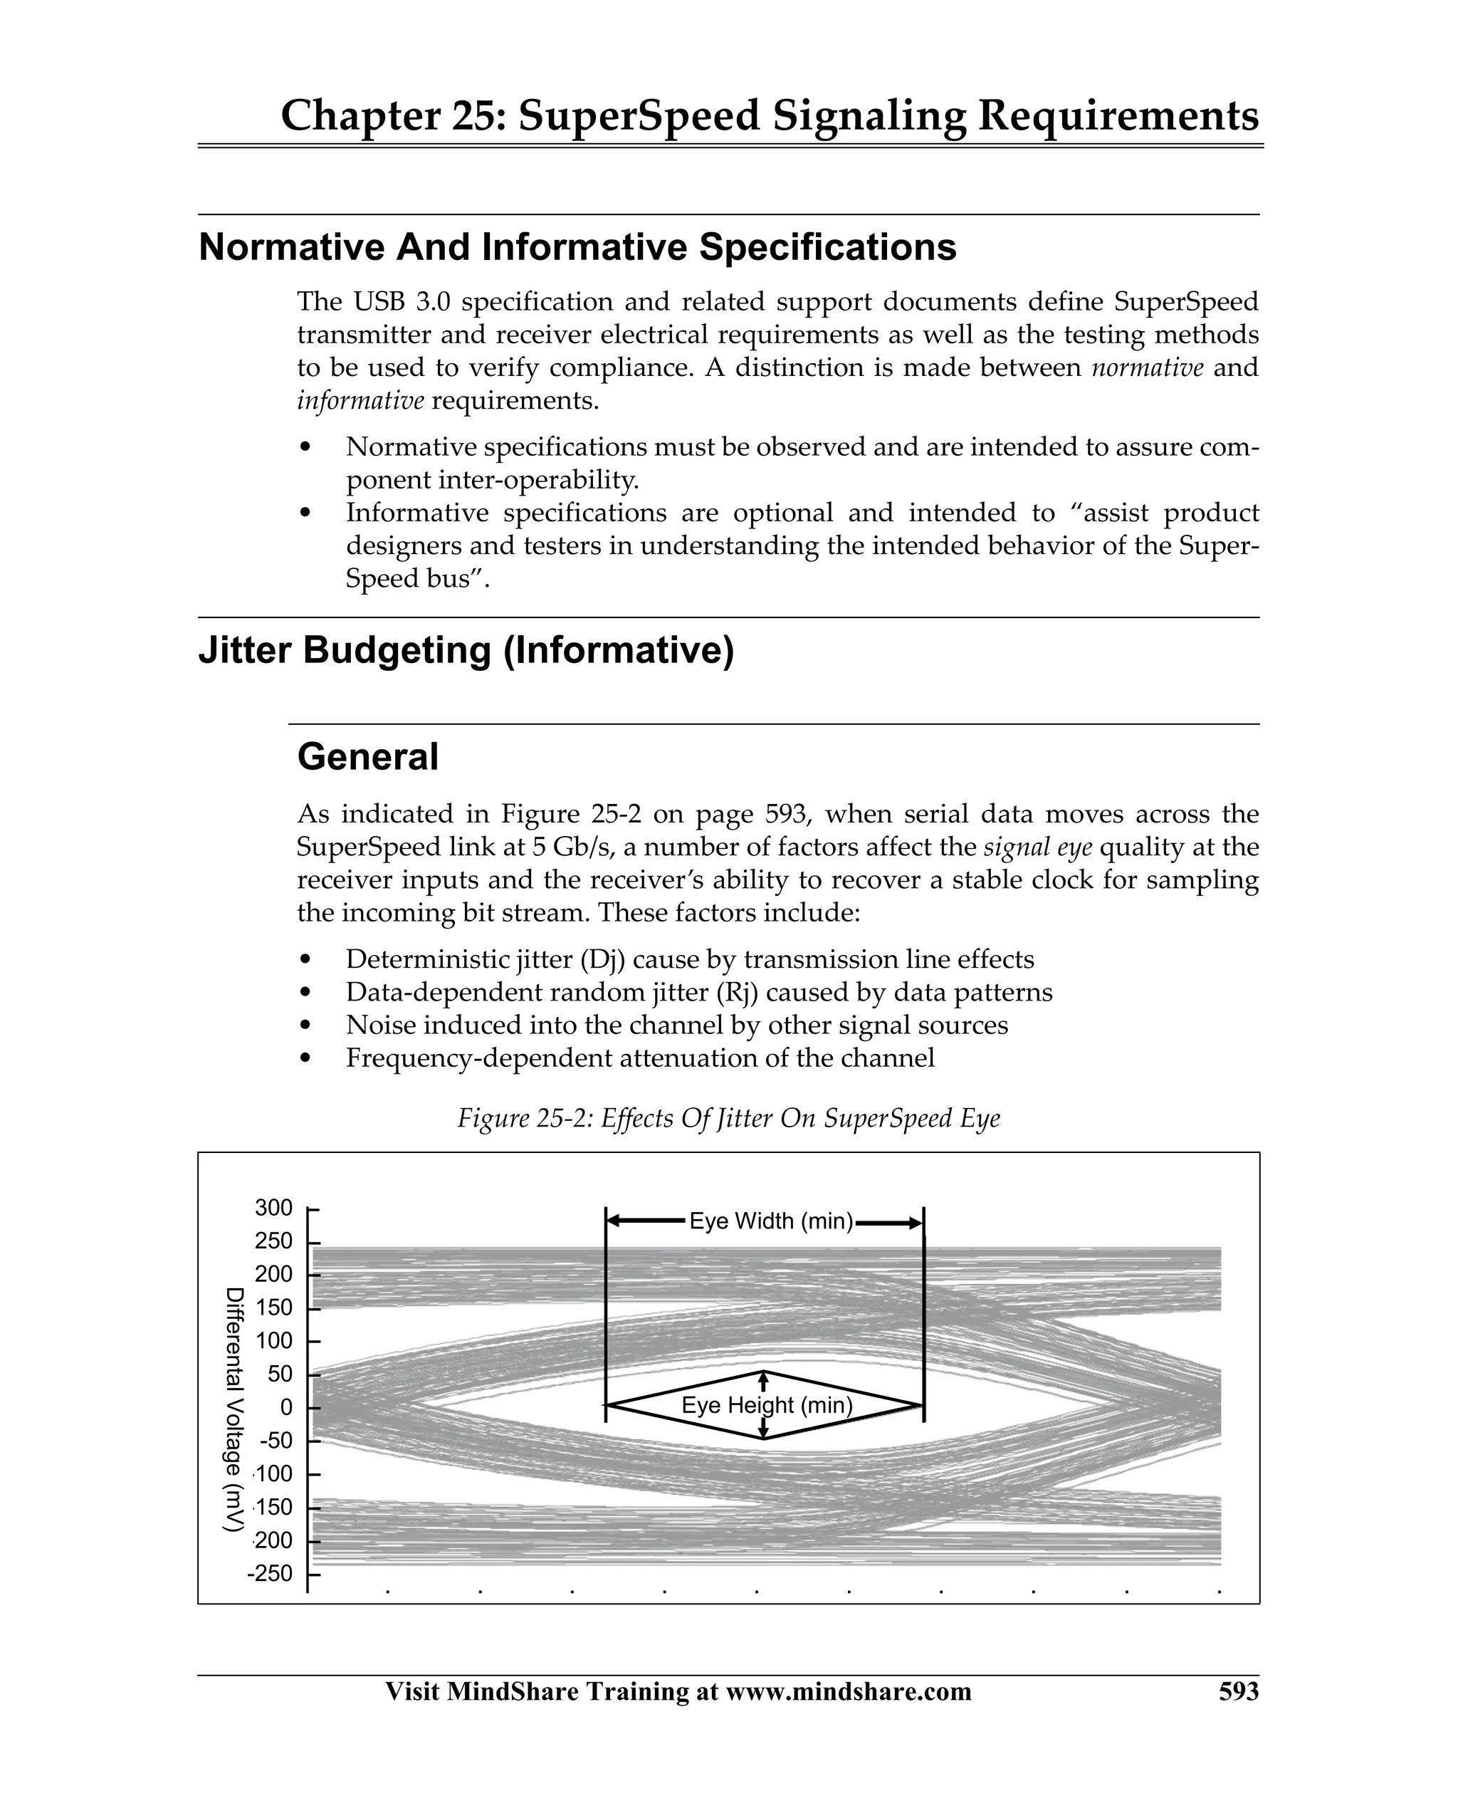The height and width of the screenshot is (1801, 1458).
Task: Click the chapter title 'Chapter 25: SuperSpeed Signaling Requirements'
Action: click(x=770, y=116)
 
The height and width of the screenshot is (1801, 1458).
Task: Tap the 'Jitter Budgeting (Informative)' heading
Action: click(x=466, y=650)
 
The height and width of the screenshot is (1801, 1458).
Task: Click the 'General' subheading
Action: click(x=368, y=757)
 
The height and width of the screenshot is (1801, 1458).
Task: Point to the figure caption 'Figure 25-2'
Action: click(x=728, y=1118)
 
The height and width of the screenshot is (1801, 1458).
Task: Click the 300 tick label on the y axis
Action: click(x=274, y=1208)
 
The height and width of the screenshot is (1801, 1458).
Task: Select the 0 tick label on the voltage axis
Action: click(x=285, y=1407)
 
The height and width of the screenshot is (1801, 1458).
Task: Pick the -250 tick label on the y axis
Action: click(x=271, y=1573)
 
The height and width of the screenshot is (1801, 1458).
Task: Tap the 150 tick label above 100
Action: click(x=274, y=1308)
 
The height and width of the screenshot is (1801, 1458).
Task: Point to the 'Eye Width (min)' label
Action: click(x=770, y=1221)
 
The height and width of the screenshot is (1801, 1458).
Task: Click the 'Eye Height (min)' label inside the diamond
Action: click(x=767, y=1405)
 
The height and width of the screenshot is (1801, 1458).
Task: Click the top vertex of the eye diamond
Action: click(x=763, y=1372)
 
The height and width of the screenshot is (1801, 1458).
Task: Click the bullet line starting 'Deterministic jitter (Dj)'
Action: click(x=690, y=959)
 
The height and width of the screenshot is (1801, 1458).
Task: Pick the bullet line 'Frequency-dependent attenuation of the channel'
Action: click(x=640, y=1058)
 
